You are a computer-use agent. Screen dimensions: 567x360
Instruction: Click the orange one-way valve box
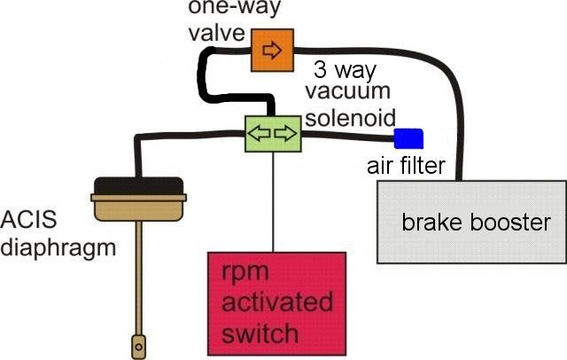point(272,50)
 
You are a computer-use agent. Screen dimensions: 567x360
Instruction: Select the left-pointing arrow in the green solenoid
point(259,133)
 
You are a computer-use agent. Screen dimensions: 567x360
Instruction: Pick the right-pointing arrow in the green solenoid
point(285,133)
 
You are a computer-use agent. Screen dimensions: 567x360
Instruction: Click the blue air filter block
point(408,138)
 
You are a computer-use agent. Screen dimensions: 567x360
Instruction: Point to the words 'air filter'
point(406,166)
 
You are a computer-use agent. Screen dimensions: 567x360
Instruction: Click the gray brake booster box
point(472,222)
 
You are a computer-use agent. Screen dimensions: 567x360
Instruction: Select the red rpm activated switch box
point(276,304)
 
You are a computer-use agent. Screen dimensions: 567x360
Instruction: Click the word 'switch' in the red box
point(260,333)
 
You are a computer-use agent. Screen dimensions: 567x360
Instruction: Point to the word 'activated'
point(277,301)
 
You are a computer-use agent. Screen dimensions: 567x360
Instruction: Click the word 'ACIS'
point(28,219)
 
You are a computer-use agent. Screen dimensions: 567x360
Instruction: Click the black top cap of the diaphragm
point(138,186)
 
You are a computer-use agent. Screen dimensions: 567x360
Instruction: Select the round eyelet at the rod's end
point(138,347)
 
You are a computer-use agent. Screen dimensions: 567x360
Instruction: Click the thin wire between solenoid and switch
point(274,202)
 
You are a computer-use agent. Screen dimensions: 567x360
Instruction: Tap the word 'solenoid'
point(351,117)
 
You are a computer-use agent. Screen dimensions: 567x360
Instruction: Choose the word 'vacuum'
point(348,91)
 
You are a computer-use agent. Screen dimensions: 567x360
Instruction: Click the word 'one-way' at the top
point(234,7)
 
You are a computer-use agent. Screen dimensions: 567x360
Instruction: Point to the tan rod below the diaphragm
point(138,278)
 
